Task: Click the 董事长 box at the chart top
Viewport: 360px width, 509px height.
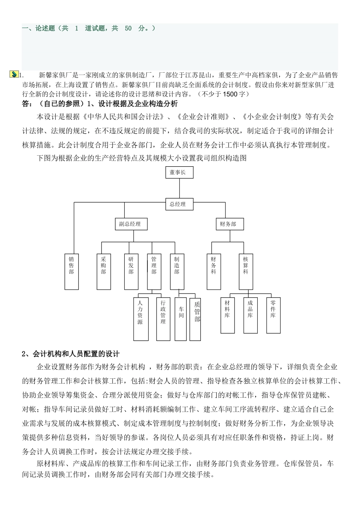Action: click(179, 172)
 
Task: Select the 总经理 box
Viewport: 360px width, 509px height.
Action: click(179, 204)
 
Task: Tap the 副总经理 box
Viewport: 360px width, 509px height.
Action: click(130, 224)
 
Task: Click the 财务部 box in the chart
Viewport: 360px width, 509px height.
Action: click(230, 224)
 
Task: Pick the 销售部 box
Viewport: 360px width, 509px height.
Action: click(71, 271)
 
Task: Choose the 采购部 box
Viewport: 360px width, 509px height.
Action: click(103, 271)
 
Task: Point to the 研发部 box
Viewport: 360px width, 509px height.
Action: click(131, 271)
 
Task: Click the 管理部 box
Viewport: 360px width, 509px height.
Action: click(154, 271)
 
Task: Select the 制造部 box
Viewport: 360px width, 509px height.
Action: click(177, 271)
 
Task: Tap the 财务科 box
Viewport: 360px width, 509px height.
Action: click(213, 271)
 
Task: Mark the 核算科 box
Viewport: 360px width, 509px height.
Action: click(246, 271)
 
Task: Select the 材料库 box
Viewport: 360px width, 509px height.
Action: click(227, 315)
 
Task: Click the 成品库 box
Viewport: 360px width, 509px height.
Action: click(250, 315)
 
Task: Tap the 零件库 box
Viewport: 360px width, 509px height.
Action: click(273, 315)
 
